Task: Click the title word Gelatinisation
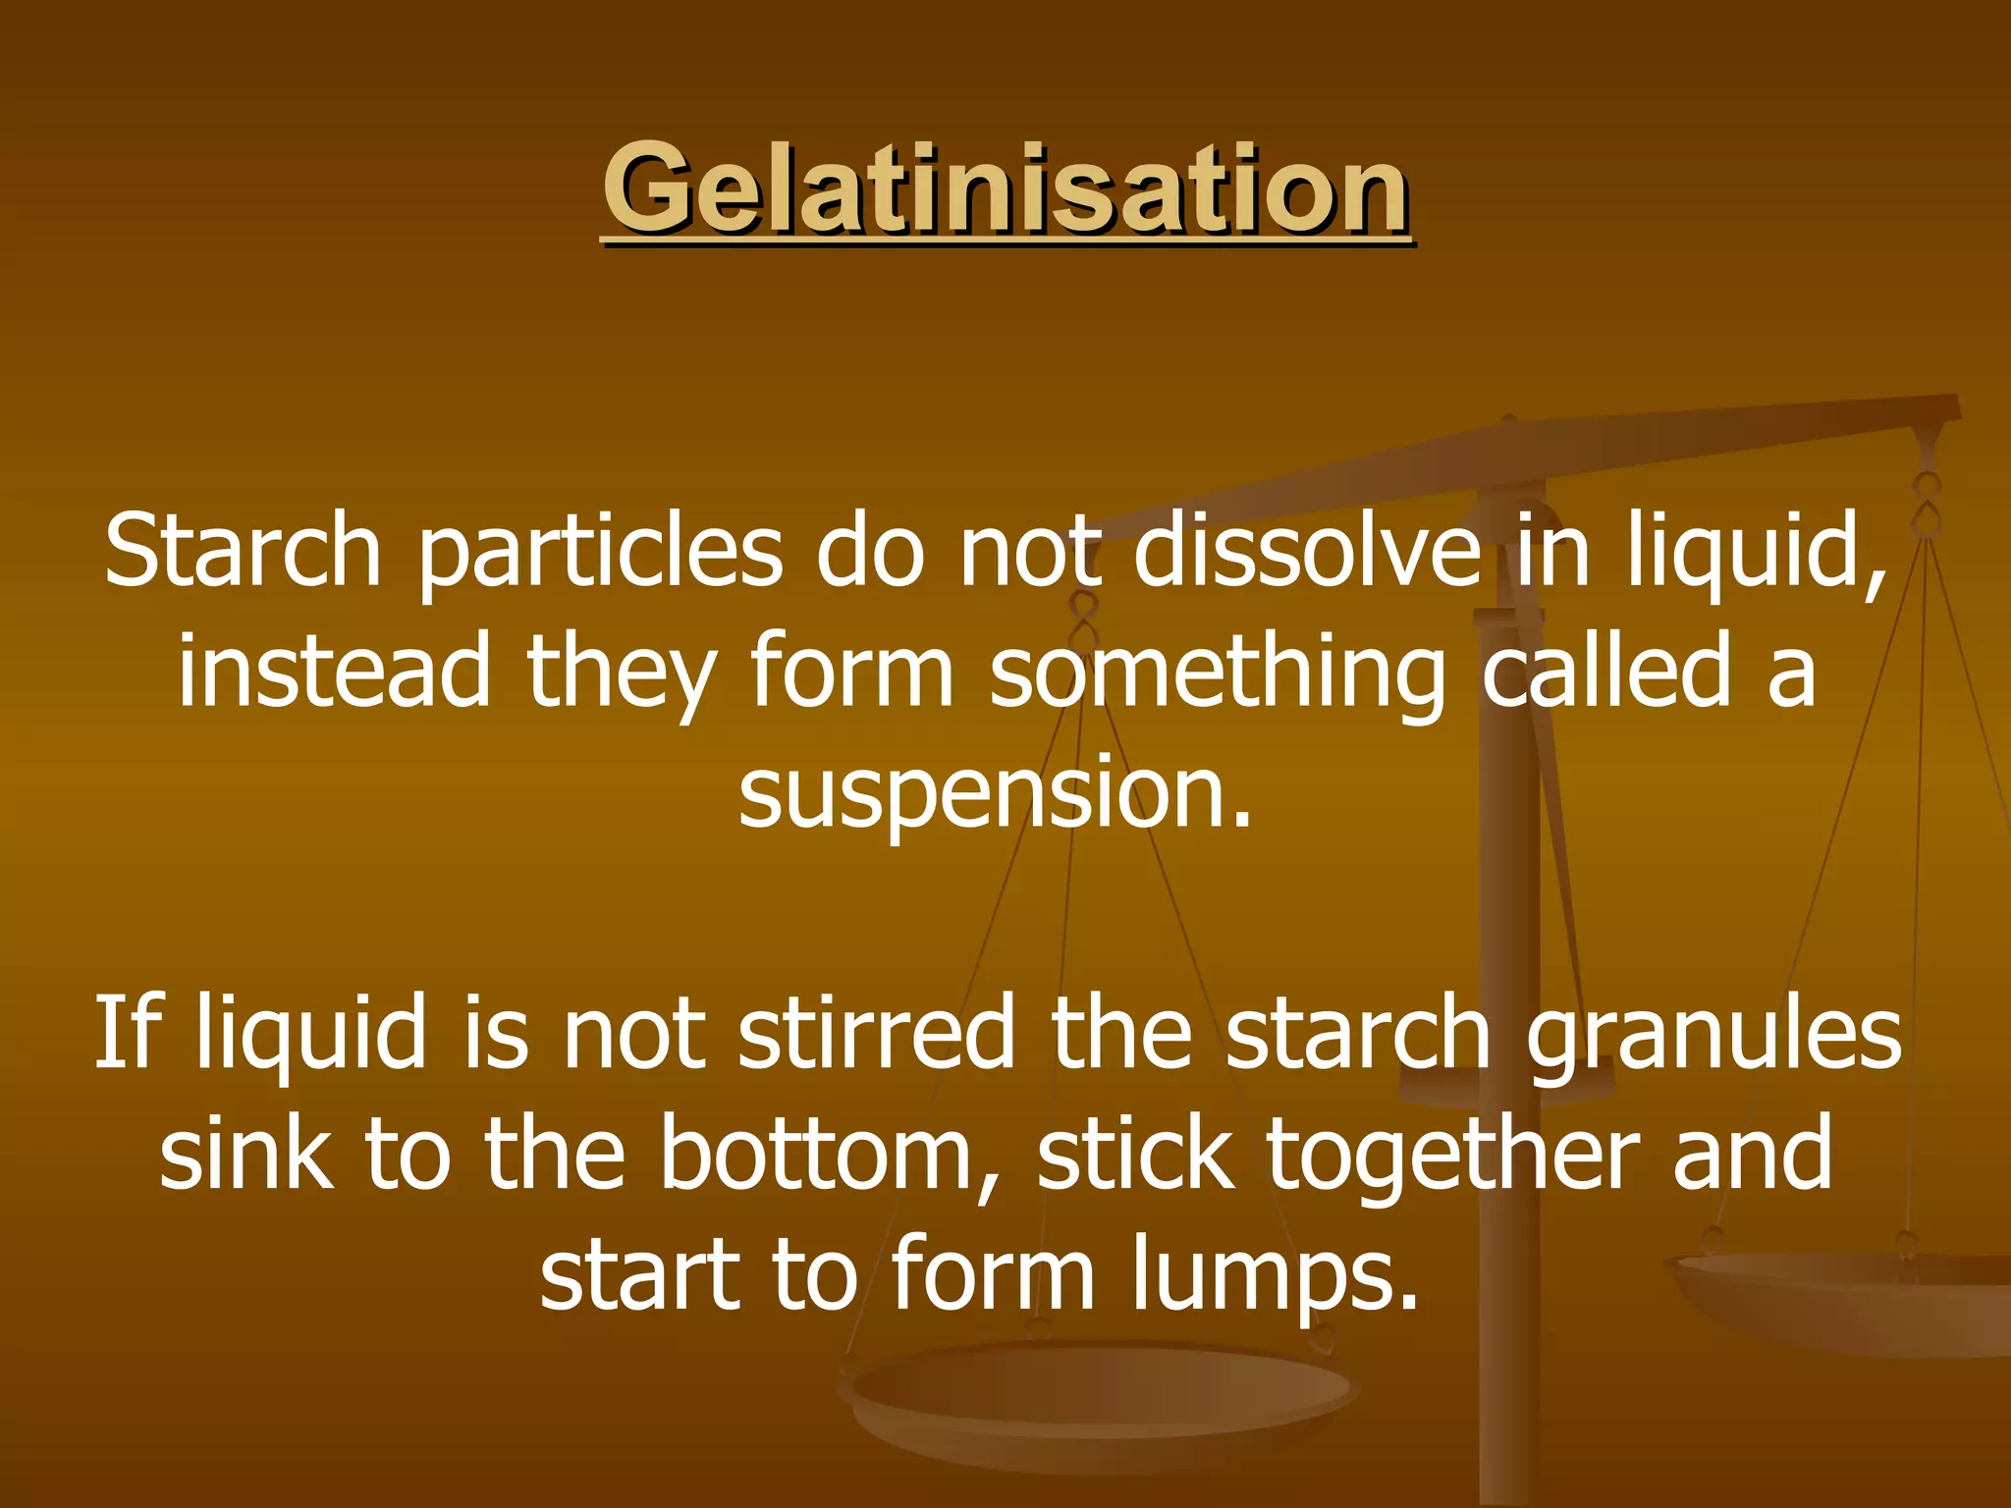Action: (x=1005, y=188)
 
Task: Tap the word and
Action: (x=1753, y=1154)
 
